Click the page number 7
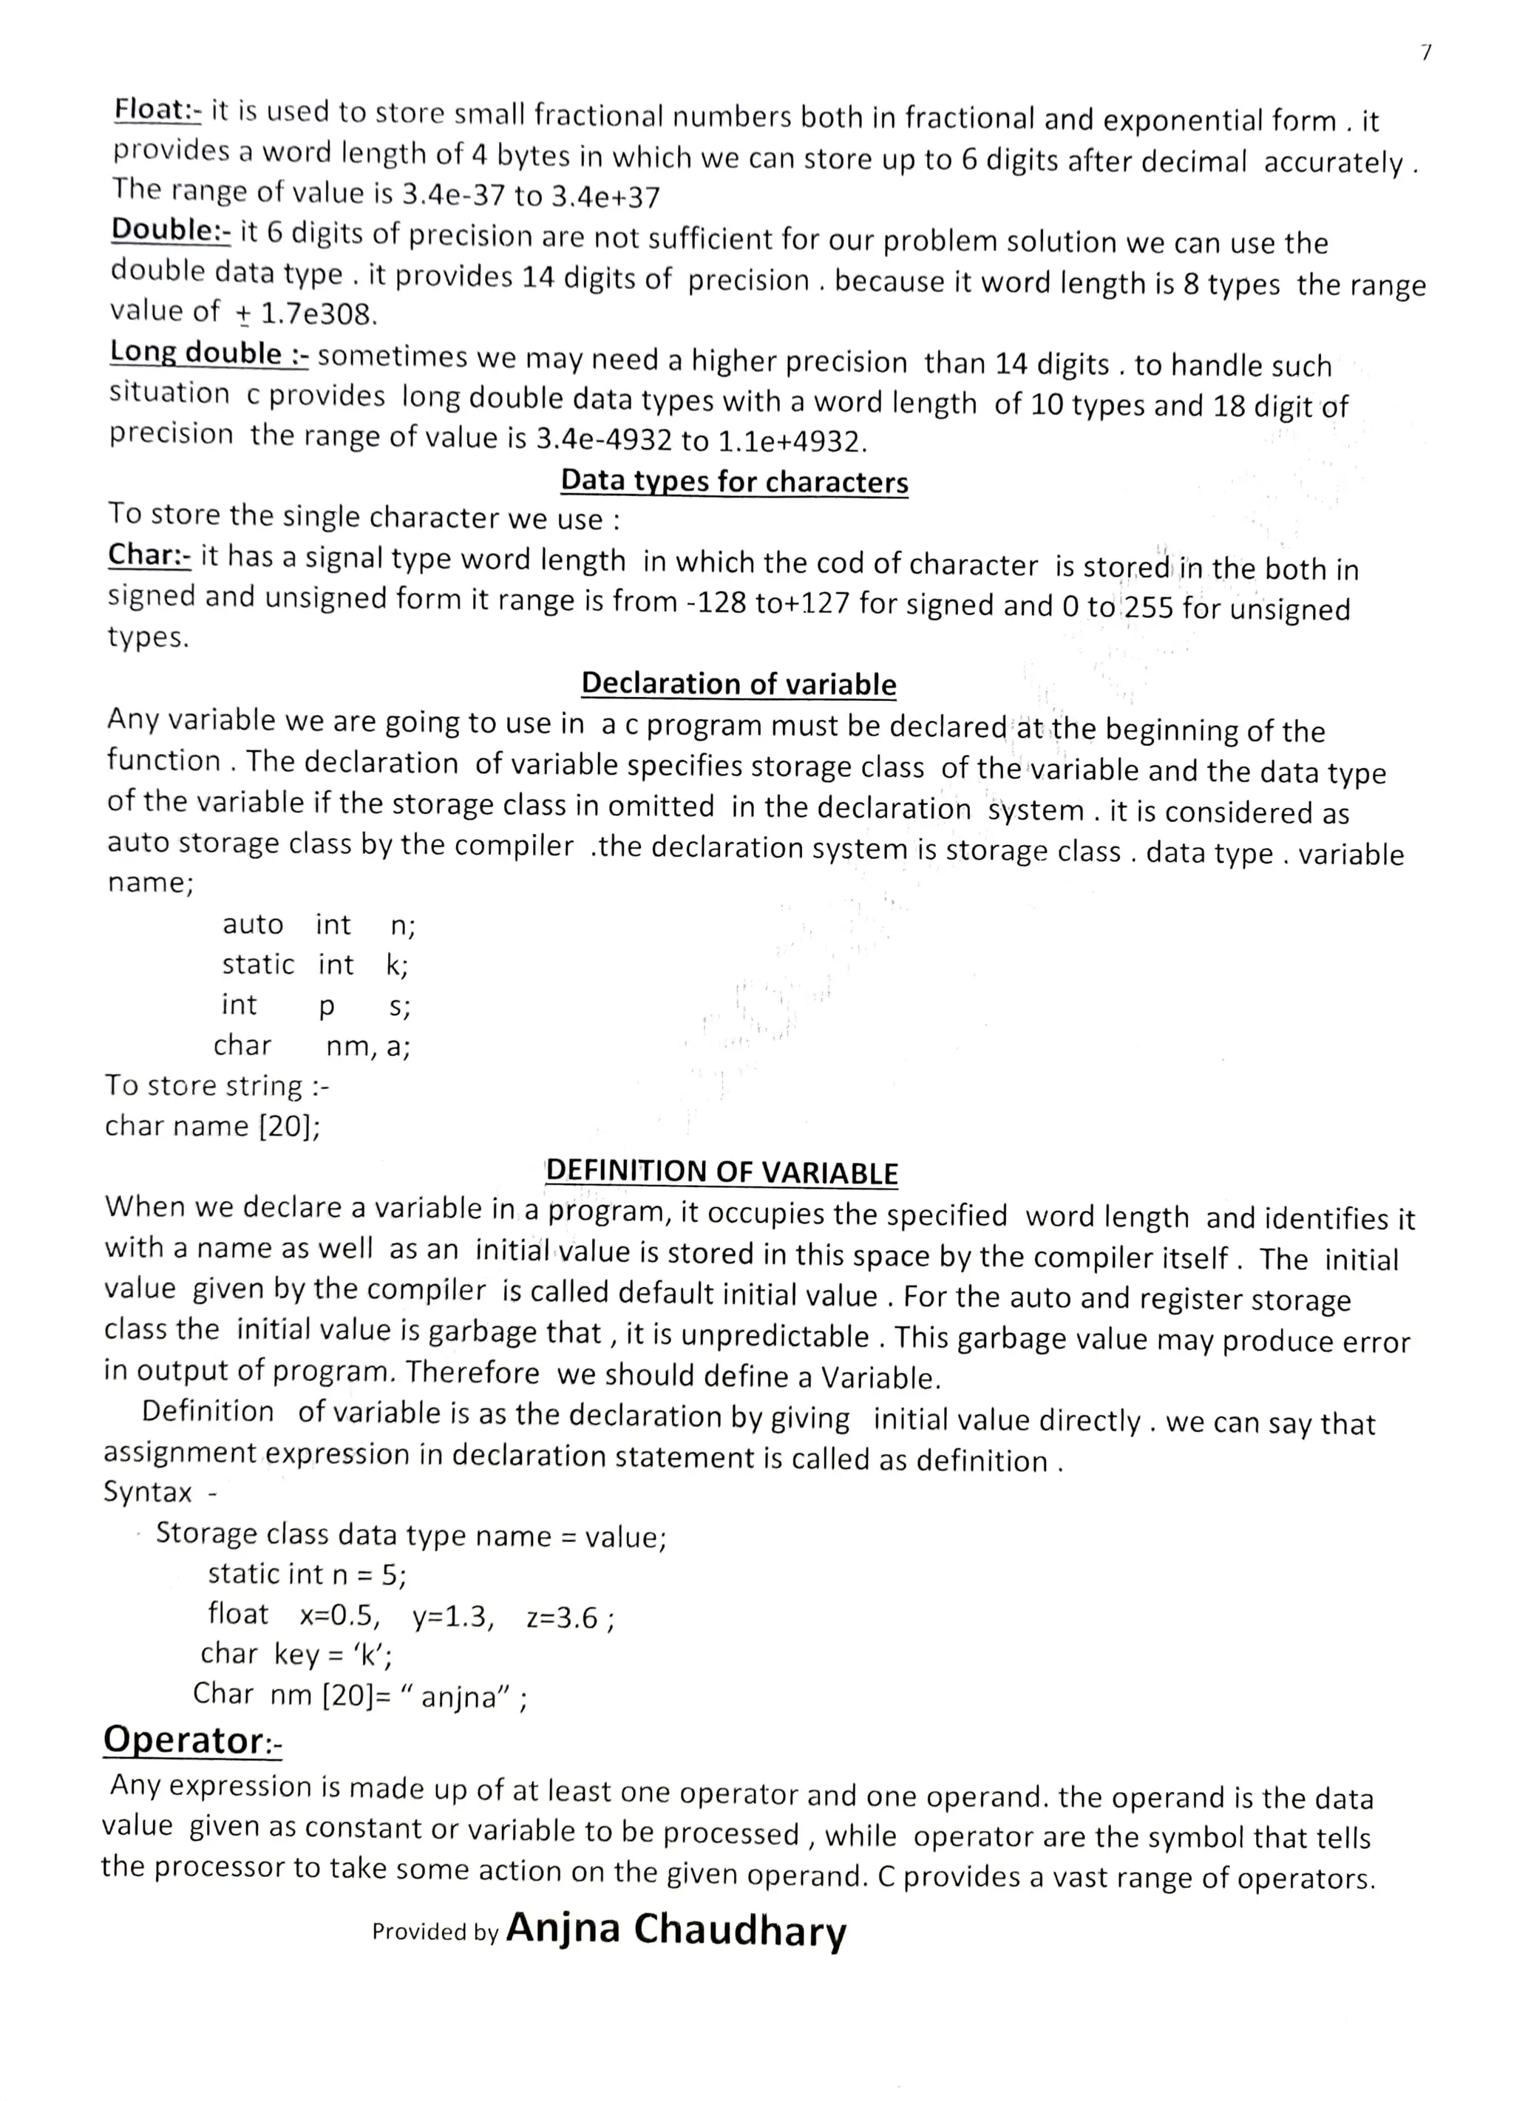[1426, 54]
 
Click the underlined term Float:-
[157, 110]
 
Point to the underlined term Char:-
[149, 555]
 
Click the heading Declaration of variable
[739, 684]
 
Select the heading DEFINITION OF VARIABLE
[722, 1172]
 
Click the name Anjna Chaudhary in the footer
[676, 1929]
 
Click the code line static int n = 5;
[307, 1574]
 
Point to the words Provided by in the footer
[435, 1932]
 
